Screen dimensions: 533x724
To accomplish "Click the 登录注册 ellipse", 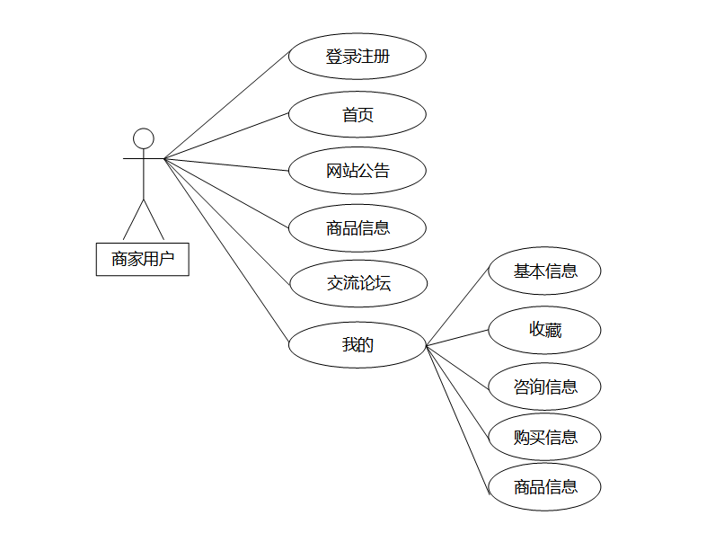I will pos(357,57).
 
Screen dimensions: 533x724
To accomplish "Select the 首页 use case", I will pos(357,115).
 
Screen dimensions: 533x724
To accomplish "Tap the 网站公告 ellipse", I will pos(357,171).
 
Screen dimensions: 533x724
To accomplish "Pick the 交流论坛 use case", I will pos(357,284).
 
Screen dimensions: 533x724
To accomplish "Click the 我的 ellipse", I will pos(357,344).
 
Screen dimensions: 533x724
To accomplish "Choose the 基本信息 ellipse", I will pos(544,271).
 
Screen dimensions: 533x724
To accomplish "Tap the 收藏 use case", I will pos(544,330).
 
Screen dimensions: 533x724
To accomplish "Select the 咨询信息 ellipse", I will pos(544,387).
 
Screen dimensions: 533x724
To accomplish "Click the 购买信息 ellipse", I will pos(544,438).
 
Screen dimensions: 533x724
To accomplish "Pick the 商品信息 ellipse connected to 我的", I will pos(544,487).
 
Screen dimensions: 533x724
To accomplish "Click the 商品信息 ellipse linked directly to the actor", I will pos(357,228).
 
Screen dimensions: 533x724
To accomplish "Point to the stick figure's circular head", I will pos(144,138).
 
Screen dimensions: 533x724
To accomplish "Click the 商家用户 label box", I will pos(143,259).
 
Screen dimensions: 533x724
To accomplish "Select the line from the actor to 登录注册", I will pos(226,107).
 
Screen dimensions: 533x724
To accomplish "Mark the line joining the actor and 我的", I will pos(226,250).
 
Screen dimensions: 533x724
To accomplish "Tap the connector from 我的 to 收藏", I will pos(456,337).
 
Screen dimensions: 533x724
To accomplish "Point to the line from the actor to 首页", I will pos(226,135).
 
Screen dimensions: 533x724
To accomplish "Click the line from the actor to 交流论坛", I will pos(226,221).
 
